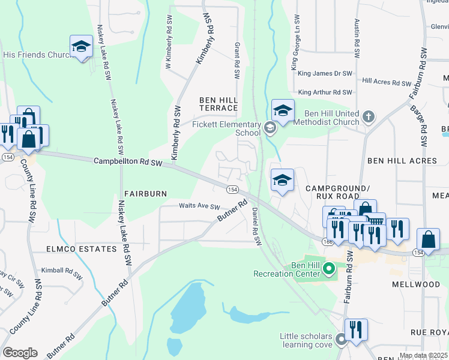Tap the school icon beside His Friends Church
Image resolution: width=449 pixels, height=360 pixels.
(81, 47)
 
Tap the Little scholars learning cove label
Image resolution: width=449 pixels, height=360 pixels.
(306, 340)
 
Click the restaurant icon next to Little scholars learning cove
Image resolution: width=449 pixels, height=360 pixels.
(355, 329)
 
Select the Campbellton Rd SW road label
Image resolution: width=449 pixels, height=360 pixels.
(128, 162)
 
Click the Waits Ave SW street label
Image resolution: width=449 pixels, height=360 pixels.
(200, 206)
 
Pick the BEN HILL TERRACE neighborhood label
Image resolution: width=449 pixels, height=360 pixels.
(219, 103)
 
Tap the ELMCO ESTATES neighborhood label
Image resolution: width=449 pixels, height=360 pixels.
(81, 248)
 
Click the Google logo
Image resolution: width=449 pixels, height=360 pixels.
(20, 353)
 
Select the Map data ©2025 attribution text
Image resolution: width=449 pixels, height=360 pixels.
(423, 355)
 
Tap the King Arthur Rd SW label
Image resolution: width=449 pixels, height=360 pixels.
(325, 92)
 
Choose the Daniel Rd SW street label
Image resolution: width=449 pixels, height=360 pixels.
(257, 227)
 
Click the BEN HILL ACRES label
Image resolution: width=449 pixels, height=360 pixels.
(398, 161)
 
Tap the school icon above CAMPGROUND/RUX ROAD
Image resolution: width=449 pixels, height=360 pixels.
(282, 180)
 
